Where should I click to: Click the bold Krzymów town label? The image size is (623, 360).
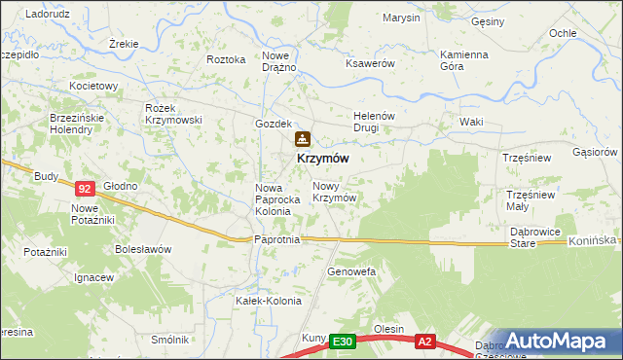[317, 158]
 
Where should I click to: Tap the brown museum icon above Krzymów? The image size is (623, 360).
[302, 140]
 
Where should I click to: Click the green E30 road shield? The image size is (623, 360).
[341, 342]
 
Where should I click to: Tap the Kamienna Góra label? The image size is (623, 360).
[463, 60]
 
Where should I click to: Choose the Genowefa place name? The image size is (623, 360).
[351, 270]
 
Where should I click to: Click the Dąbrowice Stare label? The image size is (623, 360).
[535, 238]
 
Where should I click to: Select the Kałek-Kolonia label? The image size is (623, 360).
[264, 301]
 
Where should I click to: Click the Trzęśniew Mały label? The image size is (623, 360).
[530, 199]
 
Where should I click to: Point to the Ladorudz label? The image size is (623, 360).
[46, 15]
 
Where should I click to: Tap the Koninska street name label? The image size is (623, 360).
[593, 240]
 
